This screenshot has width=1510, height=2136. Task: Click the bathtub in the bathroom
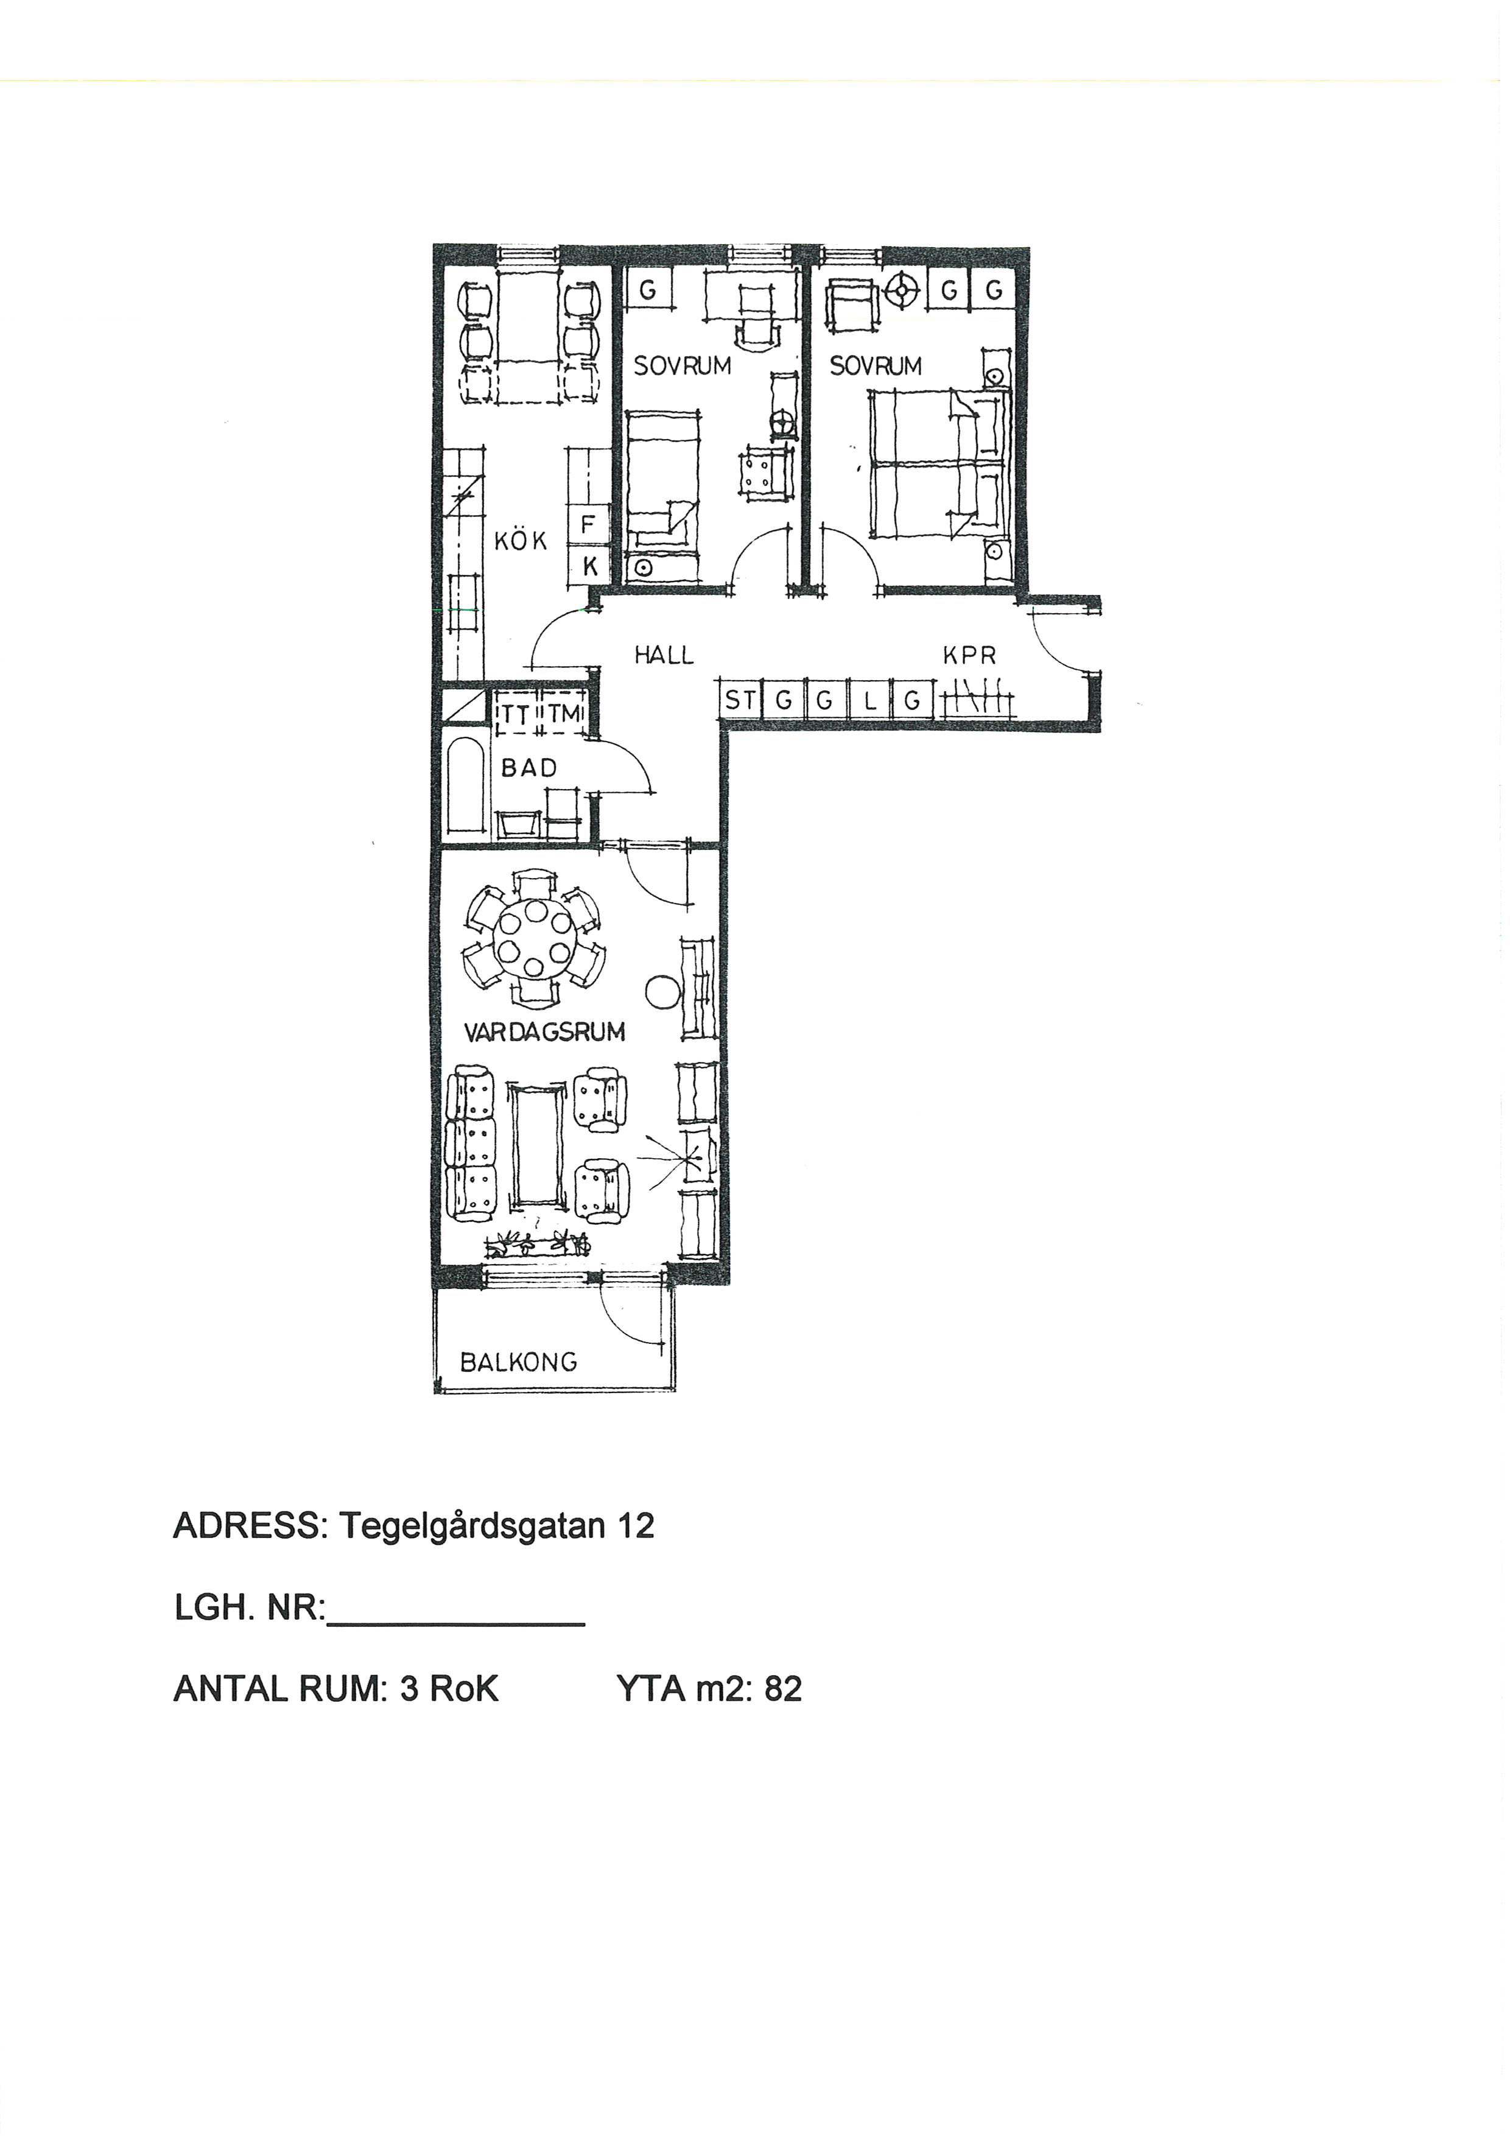464,785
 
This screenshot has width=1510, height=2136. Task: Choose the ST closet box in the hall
740,700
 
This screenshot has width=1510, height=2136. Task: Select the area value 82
784,1688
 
